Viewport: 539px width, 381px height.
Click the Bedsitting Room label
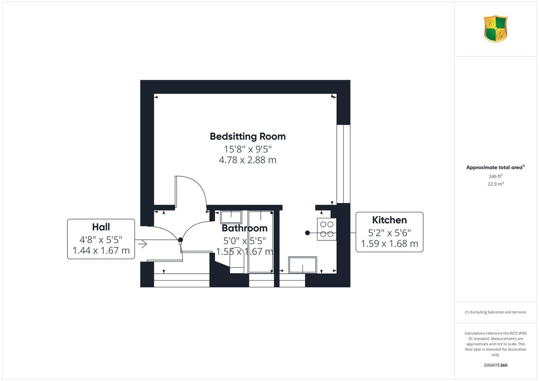point(248,137)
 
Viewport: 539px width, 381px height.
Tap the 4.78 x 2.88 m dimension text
point(248,160)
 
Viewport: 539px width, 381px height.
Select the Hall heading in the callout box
point(101,227)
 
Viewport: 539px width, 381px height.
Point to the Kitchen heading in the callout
point(389,220)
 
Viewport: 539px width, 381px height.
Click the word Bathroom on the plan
point(244,228)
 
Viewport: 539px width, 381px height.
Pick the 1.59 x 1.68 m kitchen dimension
point(389,244)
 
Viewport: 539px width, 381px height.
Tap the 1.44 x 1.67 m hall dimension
point(101,251)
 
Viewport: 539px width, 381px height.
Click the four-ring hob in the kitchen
point(327,229)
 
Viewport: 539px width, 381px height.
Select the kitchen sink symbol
point(303,265)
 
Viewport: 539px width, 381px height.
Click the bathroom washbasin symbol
point(231,217)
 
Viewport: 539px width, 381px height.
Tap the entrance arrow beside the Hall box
point(142,244)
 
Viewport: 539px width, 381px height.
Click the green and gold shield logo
point(496,29)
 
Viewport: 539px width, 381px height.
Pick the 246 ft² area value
point(496,176)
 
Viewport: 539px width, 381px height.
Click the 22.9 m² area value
point(496,184)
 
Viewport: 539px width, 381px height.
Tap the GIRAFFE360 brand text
point(496,365)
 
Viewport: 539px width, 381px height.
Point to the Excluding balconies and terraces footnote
point(496,312)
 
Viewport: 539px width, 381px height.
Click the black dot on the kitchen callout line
point(307,233)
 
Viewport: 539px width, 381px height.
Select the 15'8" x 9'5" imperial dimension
point(248,149)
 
